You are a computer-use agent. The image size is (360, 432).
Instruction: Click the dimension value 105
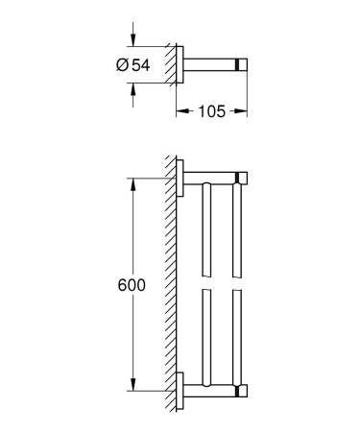coord(211,111)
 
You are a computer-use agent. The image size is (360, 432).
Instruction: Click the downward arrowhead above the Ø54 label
coord(134,42)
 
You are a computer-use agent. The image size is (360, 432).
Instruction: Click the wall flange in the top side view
coord(180,64)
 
